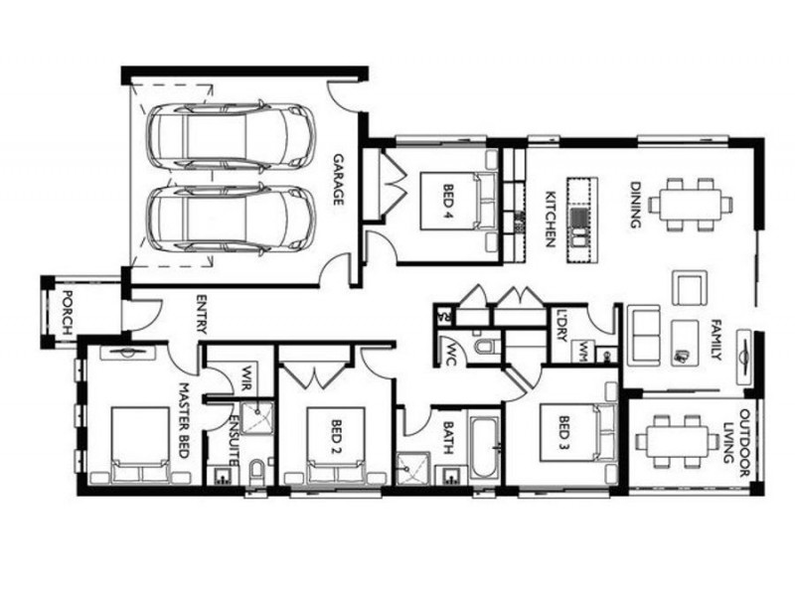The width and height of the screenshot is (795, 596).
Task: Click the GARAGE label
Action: tap(338, 180)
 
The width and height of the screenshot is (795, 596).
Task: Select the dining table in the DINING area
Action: tap(690, 204)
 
